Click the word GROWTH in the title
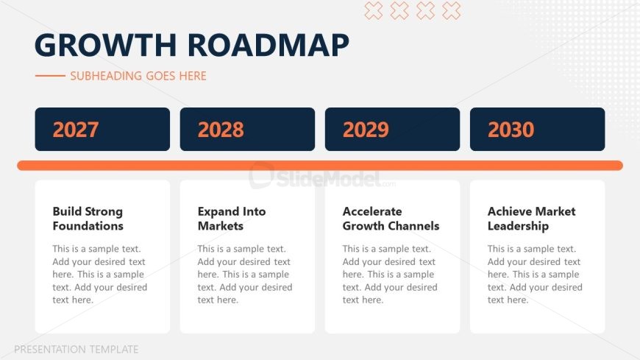click(x=106, y=45)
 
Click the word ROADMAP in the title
click(x=269, y=45)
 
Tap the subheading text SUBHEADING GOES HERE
click(x=138, y=76)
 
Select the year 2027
click(x=76, y=130)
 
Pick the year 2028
click(x=221, y=130)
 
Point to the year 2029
click(x=366, y=130)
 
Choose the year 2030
click(x=511, y=130)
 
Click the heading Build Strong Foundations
click(x=88, y=219)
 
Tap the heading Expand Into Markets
click(x=232, y=219)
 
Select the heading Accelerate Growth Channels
click(x=391, y=219)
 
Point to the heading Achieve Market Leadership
click(x=531, y=219)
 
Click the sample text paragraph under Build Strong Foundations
click(x=99, y=274)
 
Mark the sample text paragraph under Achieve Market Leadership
click(x=535, y=274)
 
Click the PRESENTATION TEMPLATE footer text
click(x=77, y=350)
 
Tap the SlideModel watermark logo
click(x=321, y=177)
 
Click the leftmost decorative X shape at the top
click(x=374, y=10)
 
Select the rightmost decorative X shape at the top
click(x=452, y=10)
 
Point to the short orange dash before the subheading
click(x=50, y=76)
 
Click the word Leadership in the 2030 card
click(x=518, y=226)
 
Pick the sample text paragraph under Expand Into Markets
click(x=245, y=274)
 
